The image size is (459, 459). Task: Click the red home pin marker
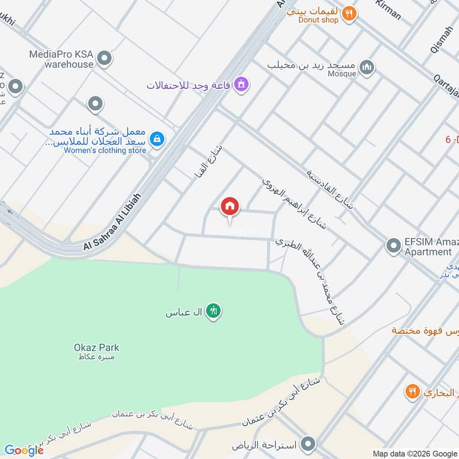(230, 207)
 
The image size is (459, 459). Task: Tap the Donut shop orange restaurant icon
(348, 13)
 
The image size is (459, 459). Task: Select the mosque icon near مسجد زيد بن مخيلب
(366, 69)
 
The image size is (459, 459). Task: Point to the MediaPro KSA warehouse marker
(104, 58)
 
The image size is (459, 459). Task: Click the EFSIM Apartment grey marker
(393, 246)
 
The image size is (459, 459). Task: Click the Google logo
(24, 450)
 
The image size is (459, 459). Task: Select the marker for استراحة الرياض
(309, 445)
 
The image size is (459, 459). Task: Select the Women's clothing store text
(105, 150)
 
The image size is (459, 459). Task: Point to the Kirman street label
(388, 10)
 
